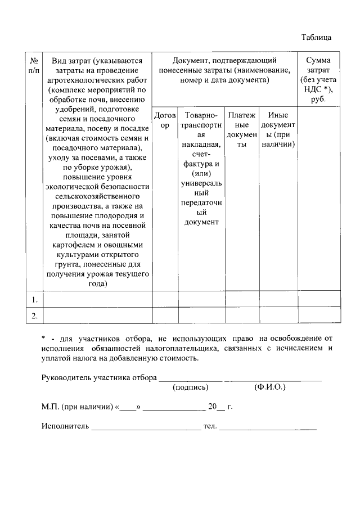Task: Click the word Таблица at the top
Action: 316,38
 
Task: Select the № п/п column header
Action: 34,65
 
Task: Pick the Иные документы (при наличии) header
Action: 278,130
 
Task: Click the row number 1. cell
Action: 34,299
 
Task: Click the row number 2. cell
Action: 34,316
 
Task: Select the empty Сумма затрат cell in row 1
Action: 318,299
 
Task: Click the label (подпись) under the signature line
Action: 191,387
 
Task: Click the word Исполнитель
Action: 65,426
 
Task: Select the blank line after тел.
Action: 268,428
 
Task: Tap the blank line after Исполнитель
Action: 146,428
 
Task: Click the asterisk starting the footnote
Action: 43,339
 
